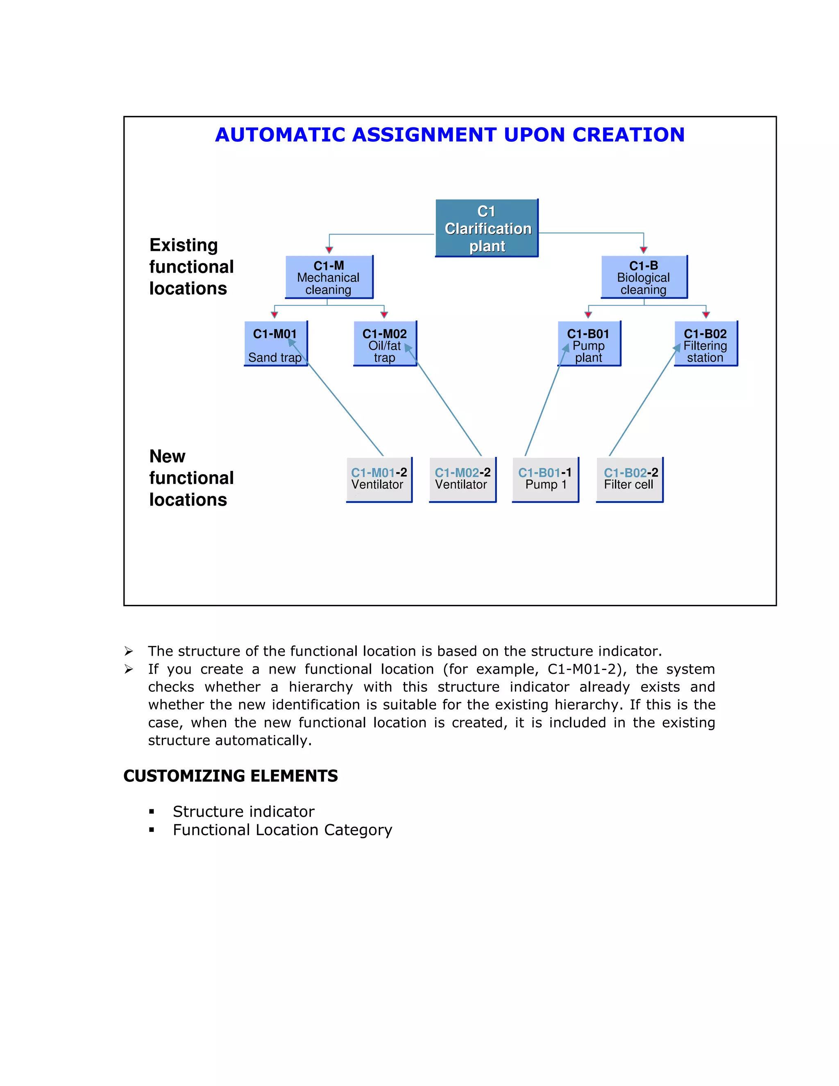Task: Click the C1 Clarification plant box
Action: click(x=487, y=228)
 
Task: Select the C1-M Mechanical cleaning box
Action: click(x=329, y=277)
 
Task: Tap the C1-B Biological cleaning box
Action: click(x=644, y=277)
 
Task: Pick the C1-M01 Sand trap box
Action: click(x=275, y=343)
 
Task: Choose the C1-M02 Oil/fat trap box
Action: click(x=385, y=343)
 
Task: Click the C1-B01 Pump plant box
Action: click(x=589, y=343)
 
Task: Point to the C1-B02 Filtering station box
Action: click(x=705, y=343)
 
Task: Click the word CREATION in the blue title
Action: click(x=629, y=135)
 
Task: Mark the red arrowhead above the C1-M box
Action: click(x=329, y=250)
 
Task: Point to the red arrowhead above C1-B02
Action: click(x=706, y=314)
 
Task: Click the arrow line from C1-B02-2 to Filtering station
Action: click(x=641, y=404)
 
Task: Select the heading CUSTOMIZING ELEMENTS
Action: click(x=231, y=776)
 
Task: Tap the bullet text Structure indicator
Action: click(x=244, y=811)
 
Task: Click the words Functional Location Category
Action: click(x=282, y=830)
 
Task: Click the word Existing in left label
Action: click(x=184, y=245)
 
